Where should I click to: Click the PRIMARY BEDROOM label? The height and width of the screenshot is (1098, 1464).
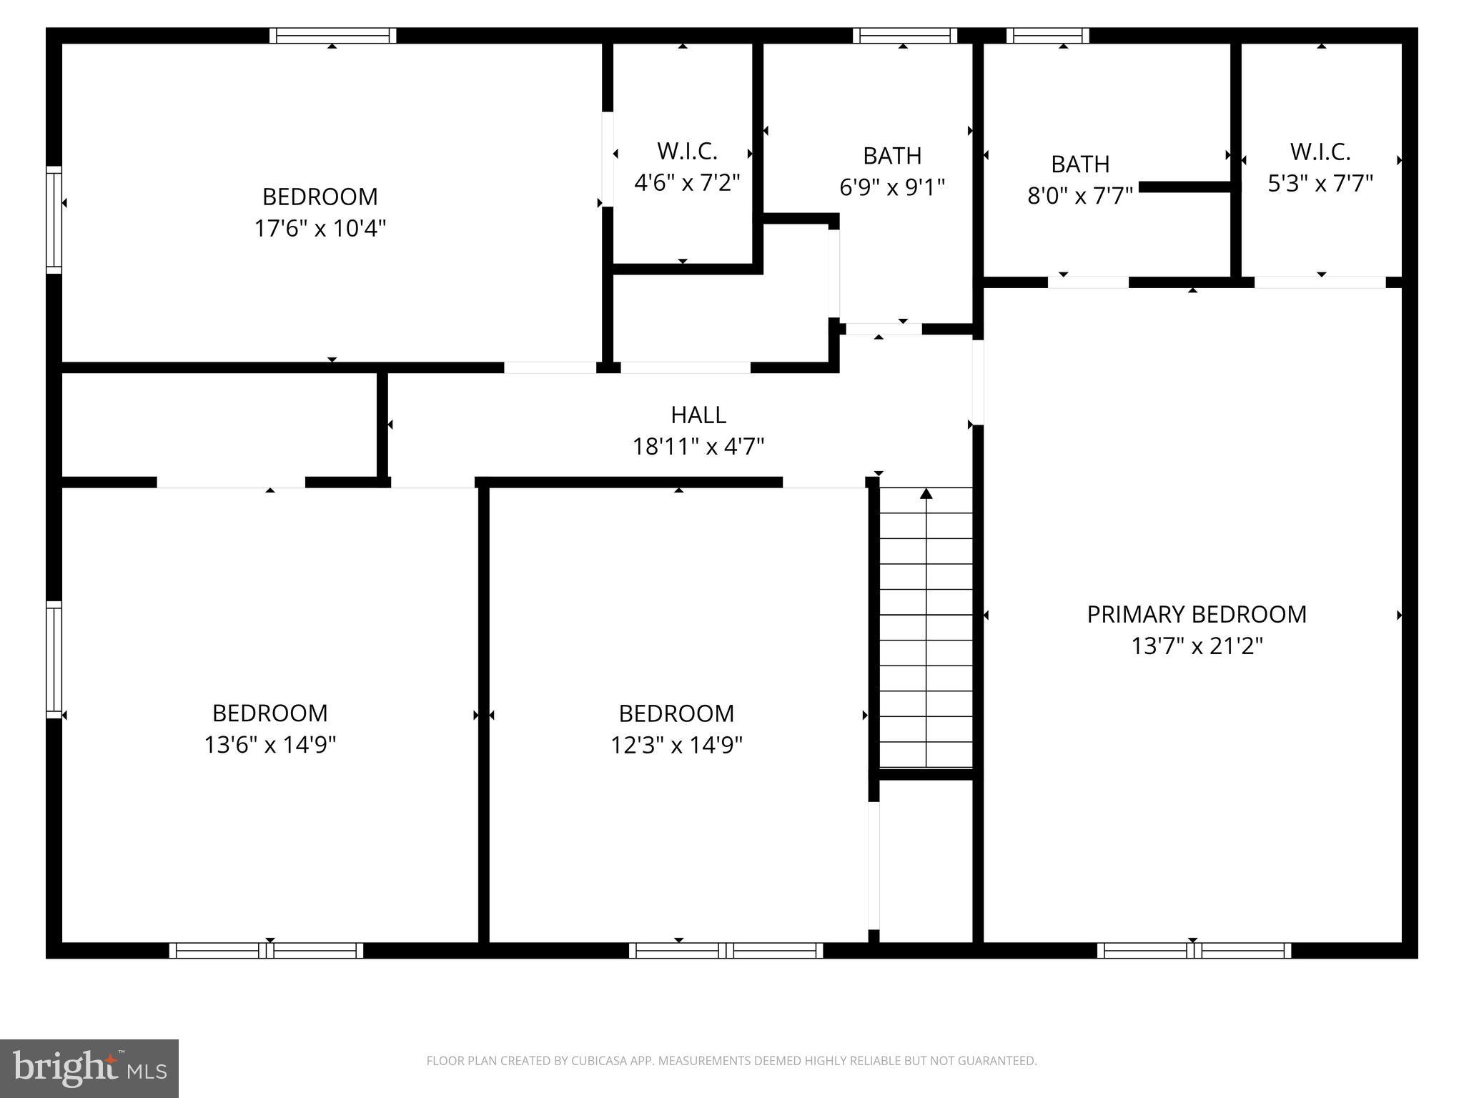pyautogui.click(x=1196, y=614)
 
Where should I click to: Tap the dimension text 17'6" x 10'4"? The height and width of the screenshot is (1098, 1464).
pyautogui.click(x=320, y=229)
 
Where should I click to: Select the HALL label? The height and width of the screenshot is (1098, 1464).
pyautogui.click(x=698, y=415)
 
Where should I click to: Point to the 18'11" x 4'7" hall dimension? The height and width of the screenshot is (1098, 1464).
pyautogui.click(x=698, y=447)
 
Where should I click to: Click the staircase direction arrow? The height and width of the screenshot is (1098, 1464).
pyautogui.click(x=926, y=493)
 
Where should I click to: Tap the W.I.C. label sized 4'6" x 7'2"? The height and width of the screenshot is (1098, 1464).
pyautogui.click(x=686, y=152)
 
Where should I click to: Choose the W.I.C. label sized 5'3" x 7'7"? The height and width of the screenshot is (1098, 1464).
pyautogui.click(x=1320, y=152)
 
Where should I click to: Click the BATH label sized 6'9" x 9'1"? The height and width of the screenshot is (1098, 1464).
pyautogui.click(x=891, y=155)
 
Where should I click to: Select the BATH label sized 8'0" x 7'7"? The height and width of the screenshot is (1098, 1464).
pyautogui.click(x=1080, y=164)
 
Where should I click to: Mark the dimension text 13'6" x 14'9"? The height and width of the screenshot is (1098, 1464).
pyautogui.click(x=270, y=745)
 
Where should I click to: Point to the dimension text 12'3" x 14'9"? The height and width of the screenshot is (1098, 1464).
pyautogui.click(x=676, y=746)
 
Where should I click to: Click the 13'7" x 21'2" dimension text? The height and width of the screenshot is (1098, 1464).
pyautogui.click(x=1197, y=646)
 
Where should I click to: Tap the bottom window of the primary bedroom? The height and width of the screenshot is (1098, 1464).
pyautogui.click(x=1194, y=951)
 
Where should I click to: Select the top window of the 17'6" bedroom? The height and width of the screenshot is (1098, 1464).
pyautogui.click(x=332, y=36)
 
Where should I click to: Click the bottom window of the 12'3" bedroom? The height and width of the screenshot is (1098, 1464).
pyautogui.click(x=726, y=951)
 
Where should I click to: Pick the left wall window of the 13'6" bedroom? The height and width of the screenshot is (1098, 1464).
pyautogui.click(x=54, y=659)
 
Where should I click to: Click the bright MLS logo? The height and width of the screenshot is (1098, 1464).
pyautogui.click(x=89, y=1068)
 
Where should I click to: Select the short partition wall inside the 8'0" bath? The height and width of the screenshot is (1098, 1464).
pyautogui.click(x=1184, y=187)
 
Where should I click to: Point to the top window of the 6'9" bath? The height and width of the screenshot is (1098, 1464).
pyautogui.click(x=904, y=36)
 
